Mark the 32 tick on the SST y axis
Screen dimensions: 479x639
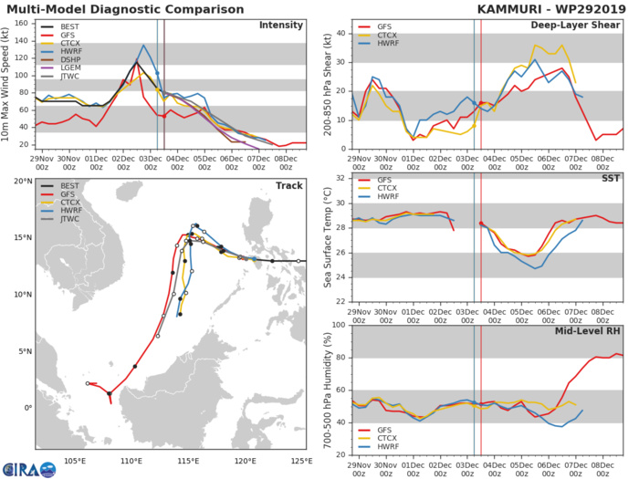click(342, 177)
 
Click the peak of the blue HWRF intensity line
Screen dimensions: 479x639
click(143, 45)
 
